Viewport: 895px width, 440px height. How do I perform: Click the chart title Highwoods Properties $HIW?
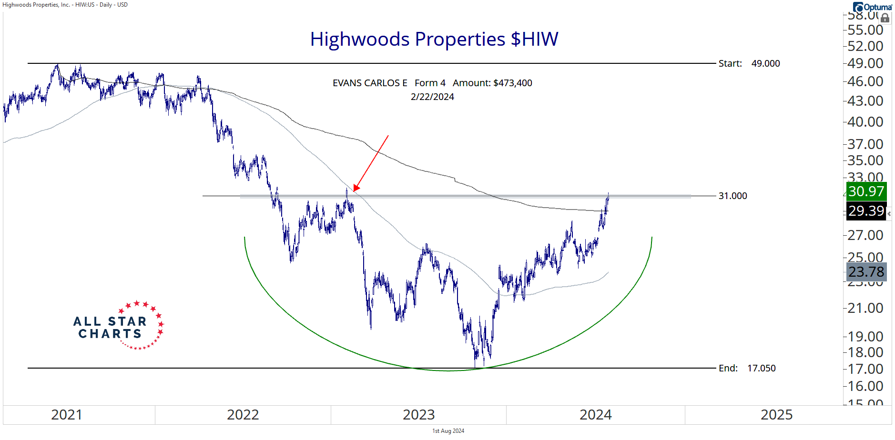click(434, 39)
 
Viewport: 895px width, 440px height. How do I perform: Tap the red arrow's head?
click(356, 189)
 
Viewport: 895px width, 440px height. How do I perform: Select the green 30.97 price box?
click(866, 191)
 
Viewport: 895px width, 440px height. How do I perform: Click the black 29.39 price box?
click(866, 210)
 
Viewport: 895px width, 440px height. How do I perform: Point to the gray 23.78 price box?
click(866, 271)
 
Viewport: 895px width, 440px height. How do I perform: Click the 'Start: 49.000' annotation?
click(749, 63)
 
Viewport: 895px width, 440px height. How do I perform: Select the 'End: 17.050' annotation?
click(747, 368)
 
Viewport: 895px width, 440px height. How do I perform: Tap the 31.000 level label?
click(732, 196)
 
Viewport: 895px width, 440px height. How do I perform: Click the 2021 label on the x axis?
click(66, 415)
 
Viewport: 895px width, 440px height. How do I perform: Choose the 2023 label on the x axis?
click(418, 415)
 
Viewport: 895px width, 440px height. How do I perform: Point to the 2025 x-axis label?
click(776, 415)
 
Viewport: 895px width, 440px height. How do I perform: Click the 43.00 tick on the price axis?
click(865, 101)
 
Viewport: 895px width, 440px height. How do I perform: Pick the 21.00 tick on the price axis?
click(865, 308)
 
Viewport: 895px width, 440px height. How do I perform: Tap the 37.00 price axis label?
click(865, 144)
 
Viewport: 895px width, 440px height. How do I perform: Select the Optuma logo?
click(873, 7)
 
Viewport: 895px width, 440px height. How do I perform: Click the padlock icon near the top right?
click(885, 19)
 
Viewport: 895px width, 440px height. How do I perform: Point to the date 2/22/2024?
click(432, 97)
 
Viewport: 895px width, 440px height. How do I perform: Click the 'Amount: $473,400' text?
click(492, 83)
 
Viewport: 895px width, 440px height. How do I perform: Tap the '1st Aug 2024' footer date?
click(448, 431)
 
